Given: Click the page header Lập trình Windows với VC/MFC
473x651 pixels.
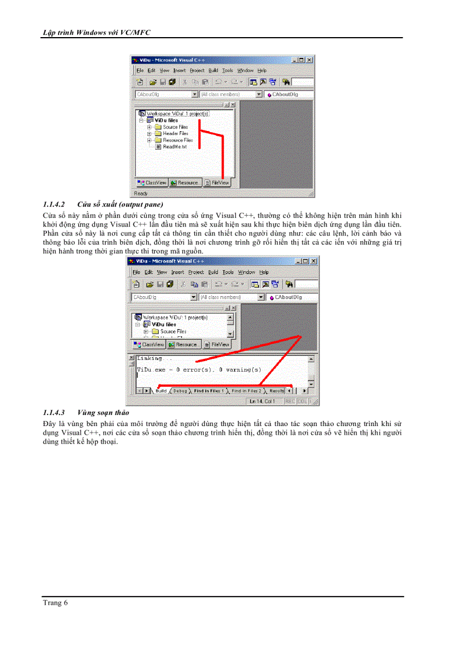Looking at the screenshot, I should pyautogui.click(x=96, y=32).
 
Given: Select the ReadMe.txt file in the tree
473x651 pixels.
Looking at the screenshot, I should pyautogui.click(x=174, y=147).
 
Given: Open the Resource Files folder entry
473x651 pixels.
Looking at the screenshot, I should pyautogui.click(x=177, y=140).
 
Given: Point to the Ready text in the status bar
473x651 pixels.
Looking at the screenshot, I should pyautogui.click(x=141, y=193).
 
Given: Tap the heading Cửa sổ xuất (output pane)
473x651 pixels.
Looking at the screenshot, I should pyautogui.click(x=120, y=205).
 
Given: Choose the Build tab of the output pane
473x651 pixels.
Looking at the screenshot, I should pyautogui.click(x=161, y=391).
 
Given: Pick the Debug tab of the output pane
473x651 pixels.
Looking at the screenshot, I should pyautogui.click(x=180, y=391).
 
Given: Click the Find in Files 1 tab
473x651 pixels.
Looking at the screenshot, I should pyautogui.click(x=209, y=391).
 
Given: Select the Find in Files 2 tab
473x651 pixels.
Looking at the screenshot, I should pyautogui.click(x=246, y=391).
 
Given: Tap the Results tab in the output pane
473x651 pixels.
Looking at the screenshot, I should pyautogui.click(x=276, y=391).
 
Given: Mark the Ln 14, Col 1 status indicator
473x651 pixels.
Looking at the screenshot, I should pyautogui.click(x=263, y=401).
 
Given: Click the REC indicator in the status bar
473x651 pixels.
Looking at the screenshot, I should pyautogui.click(x=290, y=401).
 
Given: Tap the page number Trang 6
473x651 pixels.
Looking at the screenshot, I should pyautogui.click(x=55, y=603).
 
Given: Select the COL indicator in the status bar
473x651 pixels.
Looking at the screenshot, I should pyautogui.click(x=302, y=401).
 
